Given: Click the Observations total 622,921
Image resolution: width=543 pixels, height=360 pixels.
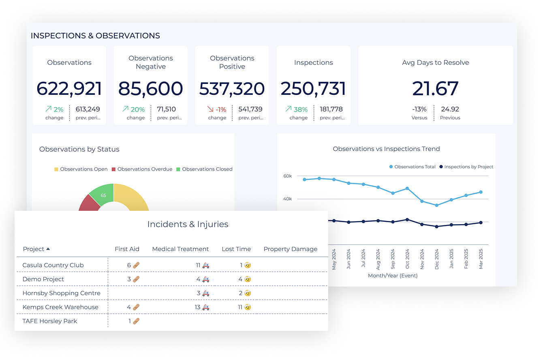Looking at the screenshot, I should [x=69, y=89].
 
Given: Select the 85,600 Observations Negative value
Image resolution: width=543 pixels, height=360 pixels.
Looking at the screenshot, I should [x=151, y=89].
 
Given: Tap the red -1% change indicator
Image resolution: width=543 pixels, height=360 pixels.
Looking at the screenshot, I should [x=217, y=109].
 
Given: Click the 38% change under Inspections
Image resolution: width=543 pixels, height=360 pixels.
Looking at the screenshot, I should [x=298, y=109].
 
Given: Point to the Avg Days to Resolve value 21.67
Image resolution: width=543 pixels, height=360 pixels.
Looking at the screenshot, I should [x=435, y=89].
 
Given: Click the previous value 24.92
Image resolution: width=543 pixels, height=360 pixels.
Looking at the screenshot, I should [x=450, y=109].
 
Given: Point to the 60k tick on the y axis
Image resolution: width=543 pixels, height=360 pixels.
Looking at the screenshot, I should [x=288, y=176].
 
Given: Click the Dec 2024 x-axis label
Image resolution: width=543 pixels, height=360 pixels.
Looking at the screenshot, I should [x=436, y=260].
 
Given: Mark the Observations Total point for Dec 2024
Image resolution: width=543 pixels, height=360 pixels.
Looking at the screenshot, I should [x=436, y=206].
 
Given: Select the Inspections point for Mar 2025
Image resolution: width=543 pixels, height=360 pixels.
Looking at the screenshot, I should [x=481, y=223].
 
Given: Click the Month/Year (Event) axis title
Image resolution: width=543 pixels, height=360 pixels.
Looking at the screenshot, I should [x=392, y=276].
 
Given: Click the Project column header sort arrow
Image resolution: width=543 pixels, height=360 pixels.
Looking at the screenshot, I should [x=48, y=249].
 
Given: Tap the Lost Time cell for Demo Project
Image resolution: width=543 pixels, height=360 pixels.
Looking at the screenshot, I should [x=245, y=279].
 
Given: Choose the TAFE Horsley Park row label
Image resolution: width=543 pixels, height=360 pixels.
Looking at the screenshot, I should [x=50, y=321].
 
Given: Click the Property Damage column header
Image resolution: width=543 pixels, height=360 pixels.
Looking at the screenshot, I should [x=290, y=249].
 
